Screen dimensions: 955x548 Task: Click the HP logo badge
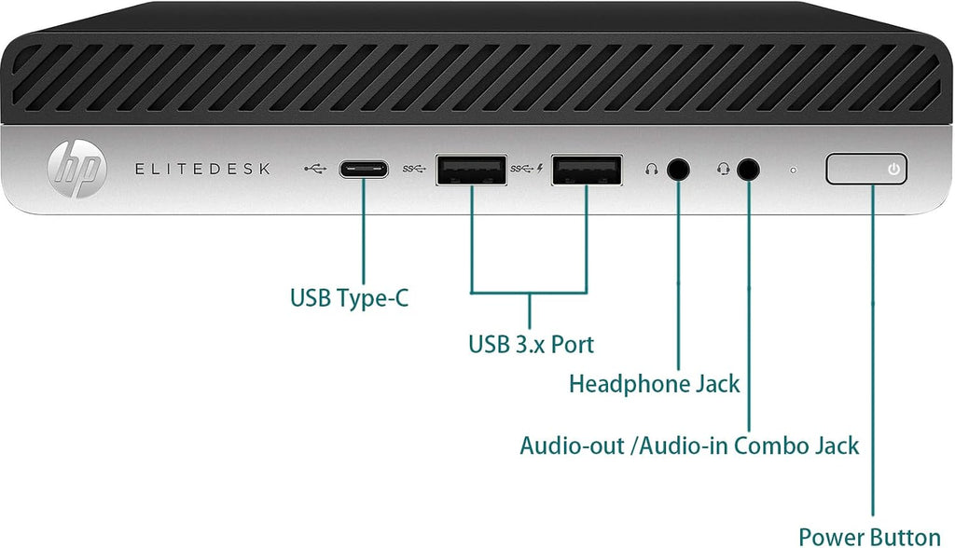click(x=77, y=168)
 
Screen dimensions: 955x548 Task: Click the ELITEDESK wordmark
click(x=202, y=169)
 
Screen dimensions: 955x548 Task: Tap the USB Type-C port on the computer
click(x=364, y=169)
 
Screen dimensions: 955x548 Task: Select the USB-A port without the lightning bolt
click(x=471, y=170)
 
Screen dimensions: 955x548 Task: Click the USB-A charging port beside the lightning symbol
click(x=587, y=170)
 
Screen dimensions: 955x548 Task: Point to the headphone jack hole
click(x=679, y=169)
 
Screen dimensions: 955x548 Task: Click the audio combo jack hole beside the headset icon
click(x=749, y=169)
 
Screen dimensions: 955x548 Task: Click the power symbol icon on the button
click(x=893, y=169)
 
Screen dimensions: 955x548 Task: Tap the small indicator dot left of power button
click(x=793, y=170)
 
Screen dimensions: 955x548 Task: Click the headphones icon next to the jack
click(x=652, y=169)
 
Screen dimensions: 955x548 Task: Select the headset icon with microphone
click(x=723, y=169)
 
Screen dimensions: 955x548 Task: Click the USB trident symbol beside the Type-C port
click(x=316, y=168)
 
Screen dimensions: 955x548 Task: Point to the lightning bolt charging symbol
click(x=540, y=168)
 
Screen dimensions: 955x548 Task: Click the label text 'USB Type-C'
click(x=349, y=298)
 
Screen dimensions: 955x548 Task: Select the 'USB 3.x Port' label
click(x=531, y=345)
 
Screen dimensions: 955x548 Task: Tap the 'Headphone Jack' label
click(x=654, y=384)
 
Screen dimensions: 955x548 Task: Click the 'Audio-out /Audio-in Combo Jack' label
click(x=689, y=445)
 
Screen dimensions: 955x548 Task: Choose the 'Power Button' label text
click(x=870, y=537)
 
